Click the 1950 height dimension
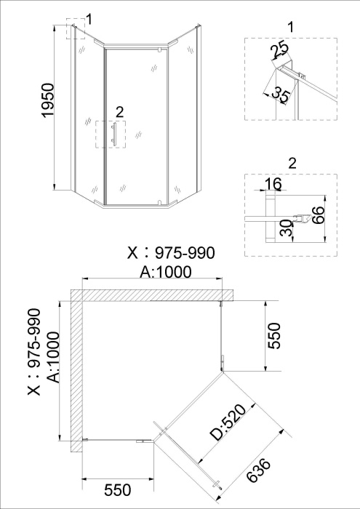[x=47, y=100]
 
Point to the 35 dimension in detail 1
[x=280, y=94]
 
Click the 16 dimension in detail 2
[x=273, y=184]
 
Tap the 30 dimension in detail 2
[x=287, y=228]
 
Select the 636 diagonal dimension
[x=258, y=470]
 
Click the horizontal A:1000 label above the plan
[x=166, y=272]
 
